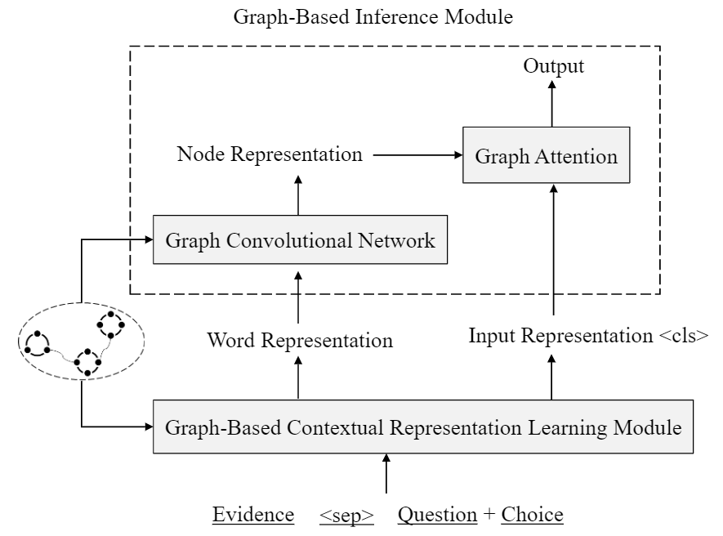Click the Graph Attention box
tap(547, 155)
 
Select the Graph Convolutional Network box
tap(301, 240)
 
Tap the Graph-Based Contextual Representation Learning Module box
tap(423, 427)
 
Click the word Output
tap(554, 66)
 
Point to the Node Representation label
tap(270, 154)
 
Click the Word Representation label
tap(300, 340)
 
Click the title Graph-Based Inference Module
tap(373, 17)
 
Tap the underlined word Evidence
tap(253, 515)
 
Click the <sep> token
tap(346, 515)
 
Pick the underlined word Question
tap(437, 515)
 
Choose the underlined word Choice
tap(533, 515)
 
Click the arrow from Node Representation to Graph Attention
tap(417, 154)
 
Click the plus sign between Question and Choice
tap(489, 515)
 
